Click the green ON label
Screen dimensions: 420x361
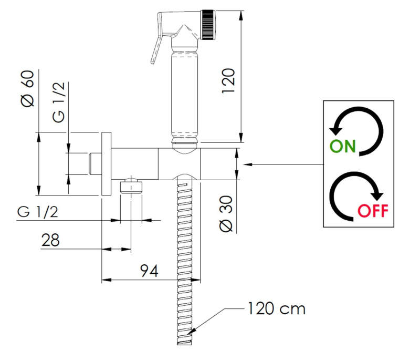pos(343,146)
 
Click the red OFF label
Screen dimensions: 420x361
pos(373,211)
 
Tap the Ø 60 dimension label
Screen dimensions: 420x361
pos(28,88)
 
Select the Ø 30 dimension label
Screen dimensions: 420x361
pos(226,214)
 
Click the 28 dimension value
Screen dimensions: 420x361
pos(50,240)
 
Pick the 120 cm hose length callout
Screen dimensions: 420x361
pos(277,308)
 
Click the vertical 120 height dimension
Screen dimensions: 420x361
pos(228,81)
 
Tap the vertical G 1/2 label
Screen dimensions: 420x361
pos(59,102)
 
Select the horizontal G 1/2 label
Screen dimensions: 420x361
pos(37,212)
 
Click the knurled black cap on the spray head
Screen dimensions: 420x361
pos(208,25)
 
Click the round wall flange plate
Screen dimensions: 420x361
pos(107,164)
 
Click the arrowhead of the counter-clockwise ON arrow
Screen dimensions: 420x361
pos(335,130)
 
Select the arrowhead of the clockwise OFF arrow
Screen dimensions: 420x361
pos(377,196)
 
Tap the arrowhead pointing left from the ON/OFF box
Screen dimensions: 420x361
pos(247,164)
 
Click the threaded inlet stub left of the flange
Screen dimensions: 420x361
pos(95,164)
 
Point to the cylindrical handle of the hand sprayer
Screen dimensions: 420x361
pos(185,94)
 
